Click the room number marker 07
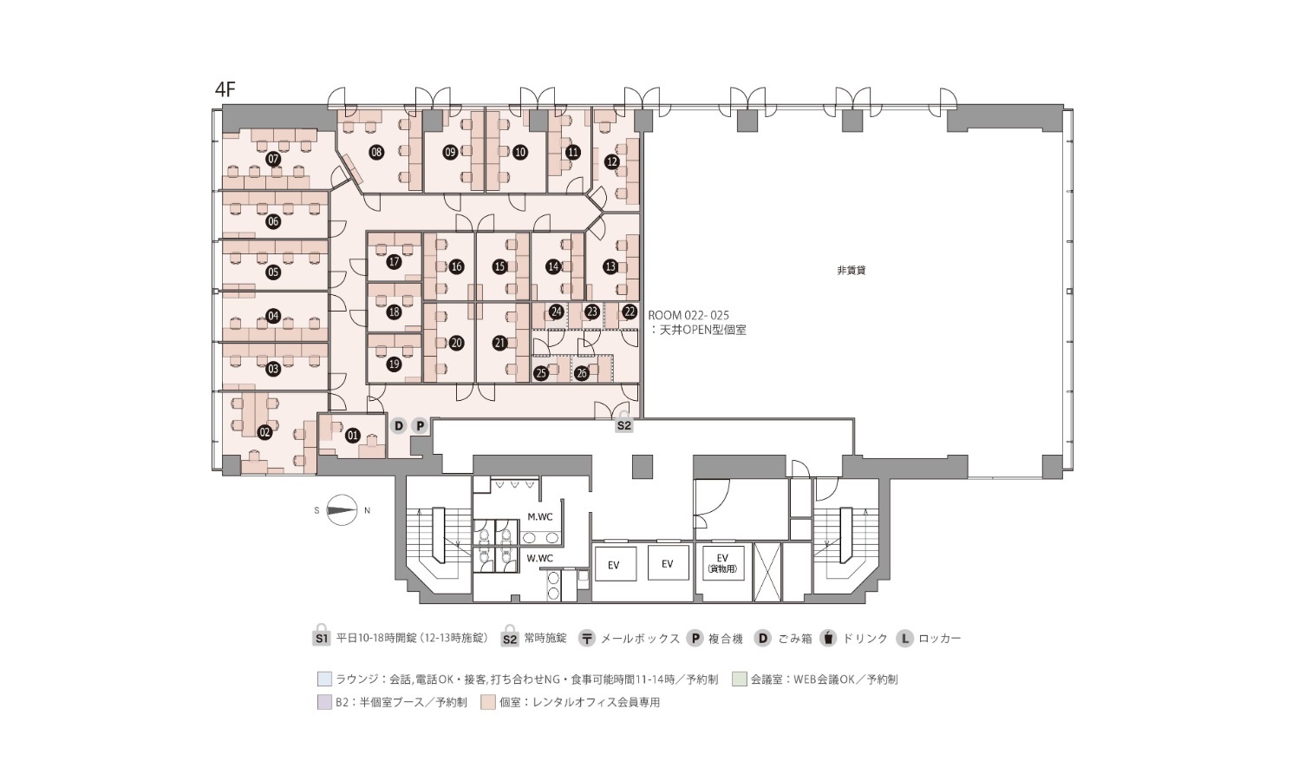tap(273, 159)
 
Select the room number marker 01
tap(352, 436)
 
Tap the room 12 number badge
tap(612, 161)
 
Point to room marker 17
tap(394, 262)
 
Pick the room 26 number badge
tap(582, 373)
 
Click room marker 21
tap(499, 343)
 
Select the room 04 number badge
tap(273, 316)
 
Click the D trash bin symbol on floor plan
tap(398, 425)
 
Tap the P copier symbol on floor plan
tap(420, 425)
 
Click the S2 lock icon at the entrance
tap(623, 423)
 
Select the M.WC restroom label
tap(540, 517)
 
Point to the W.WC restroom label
tap(539, 558)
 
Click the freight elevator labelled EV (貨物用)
tap(722, 563)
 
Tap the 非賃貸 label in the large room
tap(851, 271)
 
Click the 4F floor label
tap(225, 89)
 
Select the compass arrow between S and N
tap(342, 510)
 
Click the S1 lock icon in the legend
tap(321, 636)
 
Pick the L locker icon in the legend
tap(905, 639)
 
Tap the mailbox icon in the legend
tap(587, 639)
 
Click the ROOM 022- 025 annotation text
tap(688, 315)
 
